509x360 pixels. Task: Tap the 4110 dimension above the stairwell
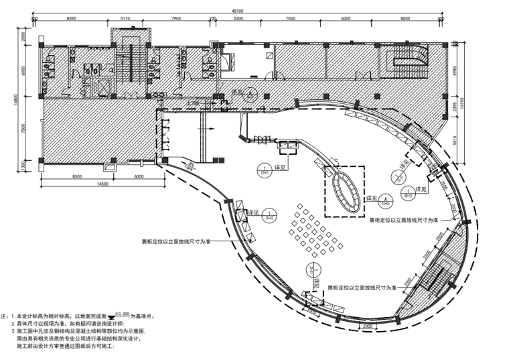click(125, 19)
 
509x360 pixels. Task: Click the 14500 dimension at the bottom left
click(102, 184)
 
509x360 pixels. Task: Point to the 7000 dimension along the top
click(291, 19)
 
